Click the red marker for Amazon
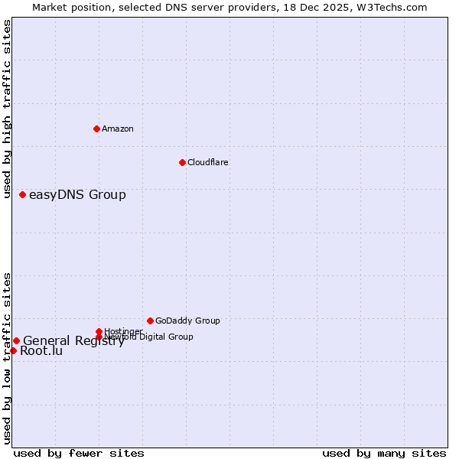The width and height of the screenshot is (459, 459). click(x=96, y=129)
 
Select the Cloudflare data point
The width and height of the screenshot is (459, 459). click(x=182, y=162)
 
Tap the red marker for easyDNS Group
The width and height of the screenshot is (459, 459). click(x=23, y=194)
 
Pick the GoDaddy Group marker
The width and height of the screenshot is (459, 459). click(x=150, y=321)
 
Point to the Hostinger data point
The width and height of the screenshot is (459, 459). click(x=99, y=331)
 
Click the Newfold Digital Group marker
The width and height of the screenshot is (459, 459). click(x=99, y=337)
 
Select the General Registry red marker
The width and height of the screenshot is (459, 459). click(x=16, y=340)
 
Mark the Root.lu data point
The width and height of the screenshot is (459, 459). click(x=13, y=350)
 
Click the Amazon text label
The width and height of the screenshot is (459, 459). click(x=118, y=129)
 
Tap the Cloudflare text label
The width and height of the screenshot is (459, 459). click(x=208, y=162)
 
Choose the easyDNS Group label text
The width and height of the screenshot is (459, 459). click(x=77, y=194)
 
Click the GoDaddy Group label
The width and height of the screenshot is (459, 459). click(x=187, y=321)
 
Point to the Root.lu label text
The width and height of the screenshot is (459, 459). click(x=41, y=351)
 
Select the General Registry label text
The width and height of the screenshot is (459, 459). click(x=73, y=341)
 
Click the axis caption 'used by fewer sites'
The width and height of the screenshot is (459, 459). click(x=79, y=453)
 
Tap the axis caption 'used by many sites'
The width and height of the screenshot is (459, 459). click(x=384, y=453)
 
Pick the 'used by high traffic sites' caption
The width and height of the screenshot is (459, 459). click(x=7, y=109)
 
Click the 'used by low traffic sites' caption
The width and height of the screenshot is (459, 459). click(x=7, y=357)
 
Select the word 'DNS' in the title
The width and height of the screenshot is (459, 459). click(x=177, y=7)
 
